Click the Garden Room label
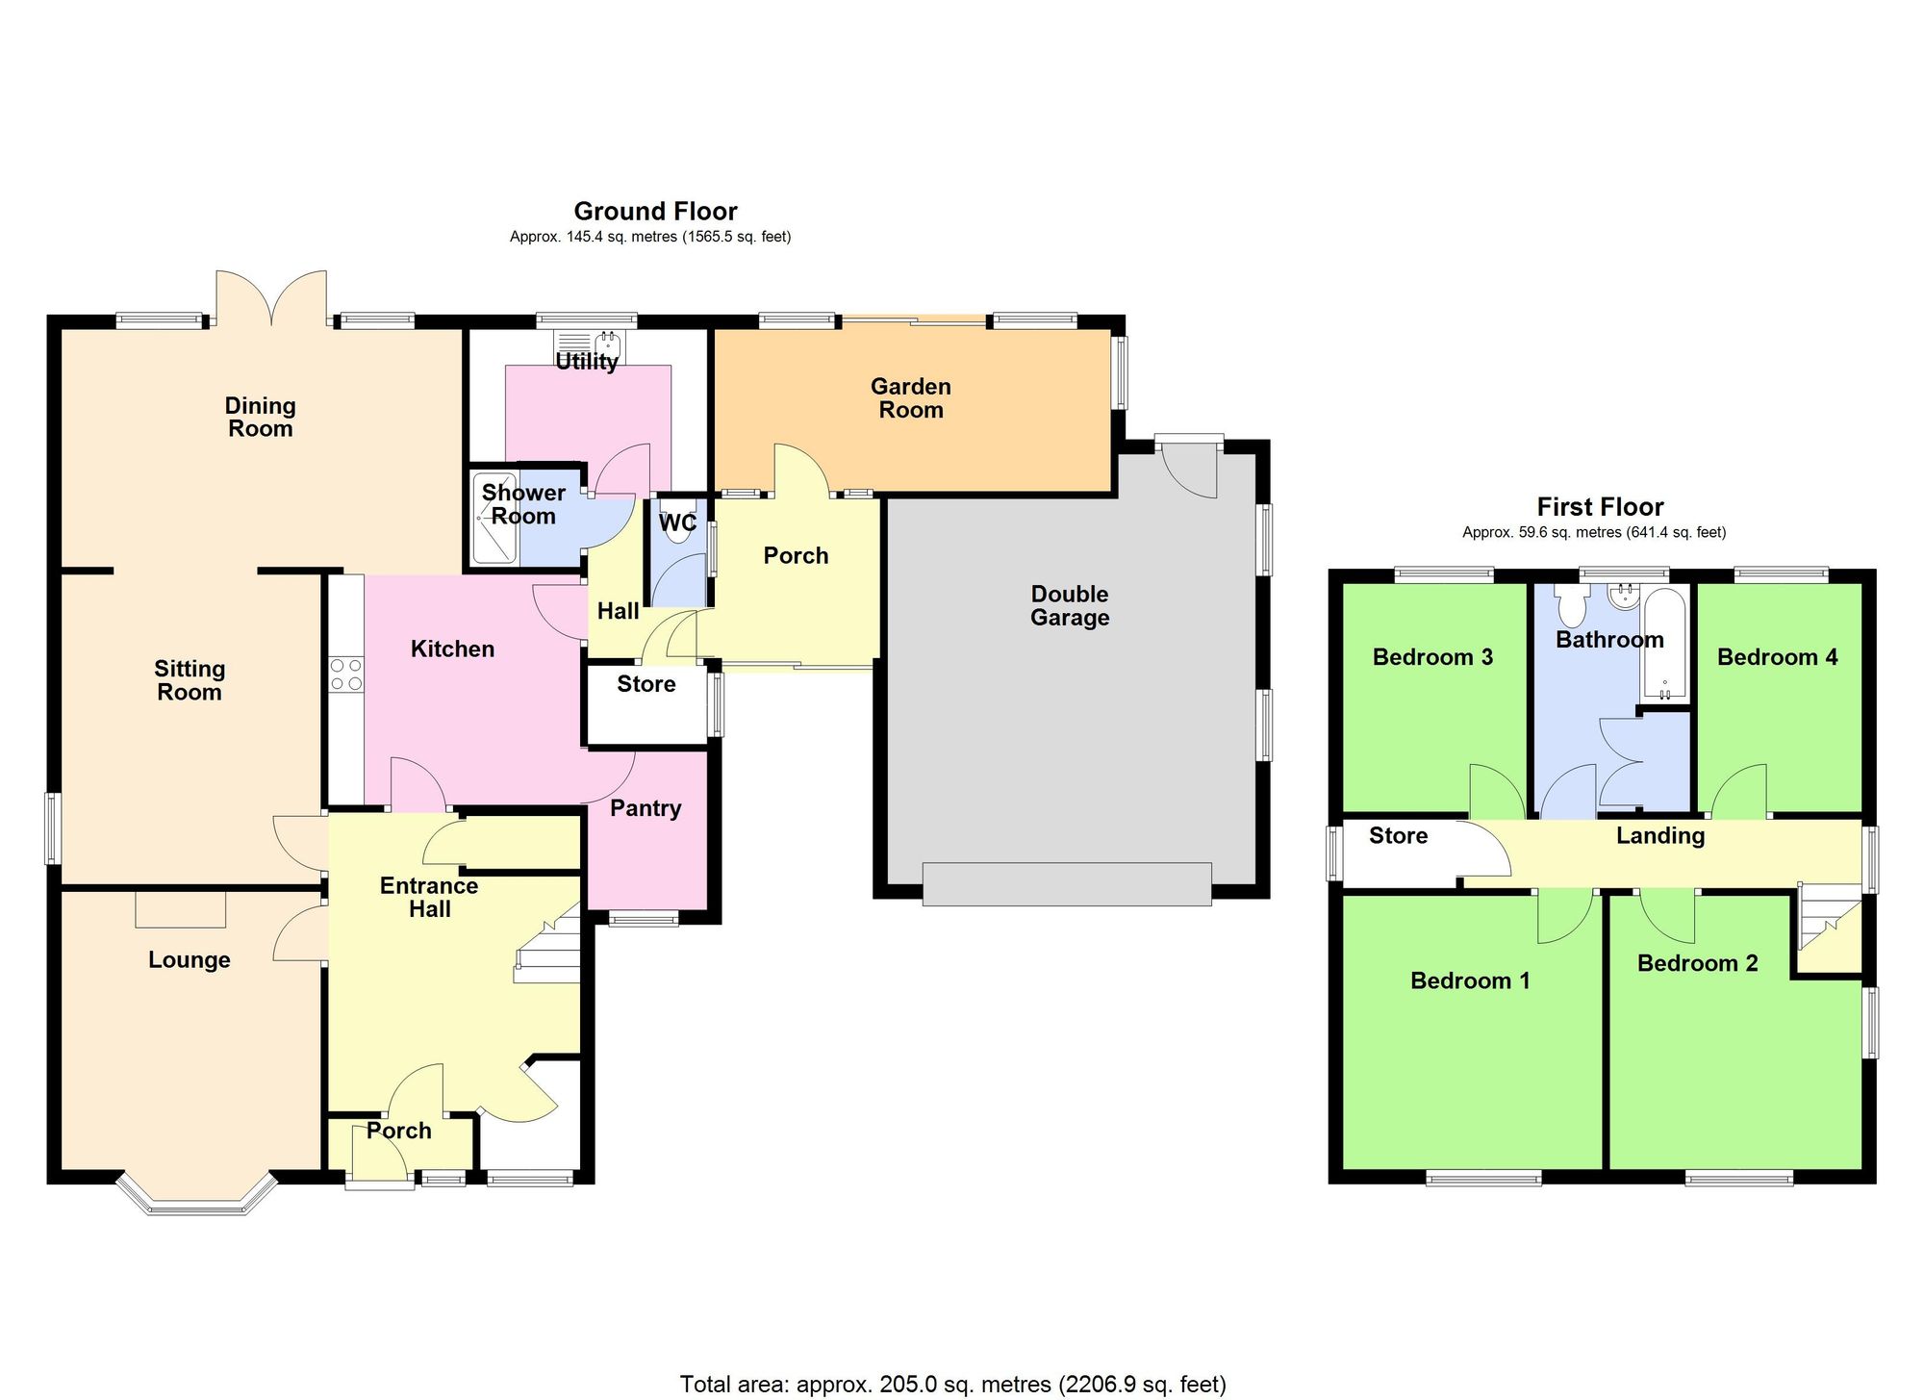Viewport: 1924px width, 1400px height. pyautogui.click(x=910, y=398)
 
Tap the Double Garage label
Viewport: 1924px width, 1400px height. pyautogui.click(x=1070, y=606)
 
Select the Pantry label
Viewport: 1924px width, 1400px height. pyautogui.click(x=646, y=808)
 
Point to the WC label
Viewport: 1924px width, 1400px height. pyautogui.click(x=677, y=523)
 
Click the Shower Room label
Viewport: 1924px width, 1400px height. pyautogui.click(x=523, y=504)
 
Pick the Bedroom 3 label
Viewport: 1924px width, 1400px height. pyautogui.click(x=1432, y=657)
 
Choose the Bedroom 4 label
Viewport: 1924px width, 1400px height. pyautogui.click(x=1777, y=657)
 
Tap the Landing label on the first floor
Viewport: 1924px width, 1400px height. pyautogui.click(x=1660, y=835)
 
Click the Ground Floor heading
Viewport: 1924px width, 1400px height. pyautogui.click(x=655, y=212)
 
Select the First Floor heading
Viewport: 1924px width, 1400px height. pyautogui.click(x=1600, y=507)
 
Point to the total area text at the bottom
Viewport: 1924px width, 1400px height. pyautogui.click(x=952, y=1385)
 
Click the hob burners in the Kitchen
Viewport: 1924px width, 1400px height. pyautogui.click(x=346, y=674)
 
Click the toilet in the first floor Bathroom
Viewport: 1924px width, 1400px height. pyautogui.click(x=1572, y=606)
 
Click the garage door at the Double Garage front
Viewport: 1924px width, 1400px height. pyautogui.click(x=1066, y=883)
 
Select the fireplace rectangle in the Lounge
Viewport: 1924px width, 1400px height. pyautogui.click(x=181, y=909)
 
